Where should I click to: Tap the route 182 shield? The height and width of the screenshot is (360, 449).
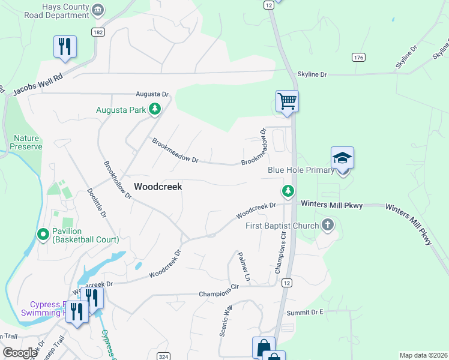tap(98, 32)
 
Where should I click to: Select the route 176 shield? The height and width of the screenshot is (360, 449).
tap(358, 58)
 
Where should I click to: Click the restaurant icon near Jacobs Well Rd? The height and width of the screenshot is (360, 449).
tap(65, 46)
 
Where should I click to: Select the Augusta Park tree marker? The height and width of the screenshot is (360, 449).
tap(155, 109)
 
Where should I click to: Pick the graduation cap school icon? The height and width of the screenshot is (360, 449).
tap(342, 158)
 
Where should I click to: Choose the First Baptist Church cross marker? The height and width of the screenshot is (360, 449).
tap(327, 226)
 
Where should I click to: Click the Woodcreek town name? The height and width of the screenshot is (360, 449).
tap(158, 187)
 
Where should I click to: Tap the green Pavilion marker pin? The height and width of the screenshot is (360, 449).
tap(43, 234)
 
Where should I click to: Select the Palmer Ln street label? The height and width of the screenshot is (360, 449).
tap(243, 266)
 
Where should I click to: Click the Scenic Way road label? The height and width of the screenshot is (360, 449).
tap(226, 320)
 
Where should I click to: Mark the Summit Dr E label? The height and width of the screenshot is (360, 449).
tap(304, 313)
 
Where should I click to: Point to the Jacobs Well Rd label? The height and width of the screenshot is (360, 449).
tap(37, 85)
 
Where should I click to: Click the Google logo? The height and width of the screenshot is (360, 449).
tap(20, 352)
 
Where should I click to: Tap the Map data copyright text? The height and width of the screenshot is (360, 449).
tap(423, 355)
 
